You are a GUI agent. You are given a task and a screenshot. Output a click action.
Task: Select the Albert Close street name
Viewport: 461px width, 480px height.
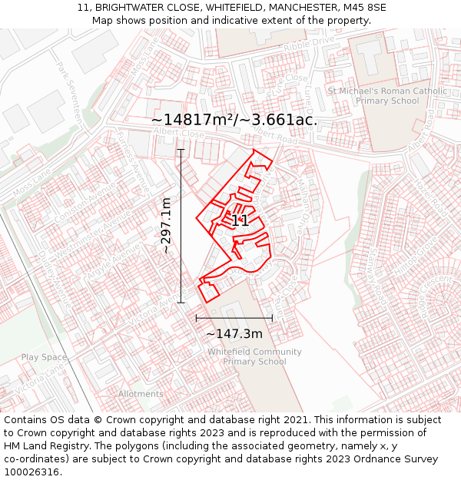178,133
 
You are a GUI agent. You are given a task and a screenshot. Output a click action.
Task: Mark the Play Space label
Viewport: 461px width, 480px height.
44,357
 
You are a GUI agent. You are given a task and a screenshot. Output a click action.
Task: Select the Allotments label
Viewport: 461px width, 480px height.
141,394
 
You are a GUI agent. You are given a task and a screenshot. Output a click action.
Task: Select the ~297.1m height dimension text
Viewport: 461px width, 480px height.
165,226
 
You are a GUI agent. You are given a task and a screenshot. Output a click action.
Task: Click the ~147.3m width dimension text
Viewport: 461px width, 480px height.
234,333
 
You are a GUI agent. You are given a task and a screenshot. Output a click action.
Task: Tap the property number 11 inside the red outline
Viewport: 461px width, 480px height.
240,221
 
